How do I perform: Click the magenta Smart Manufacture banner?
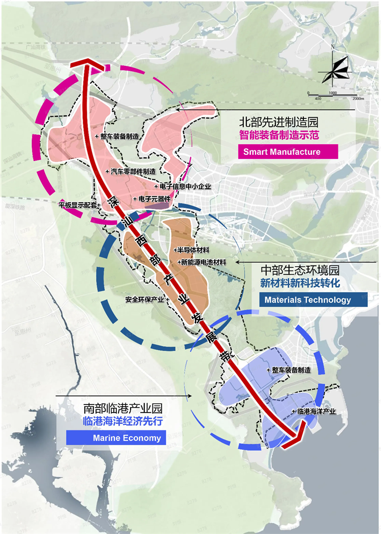coord(288,152)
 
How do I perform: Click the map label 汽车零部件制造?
coord(133,172)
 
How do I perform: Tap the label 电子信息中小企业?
coord(184,186)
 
